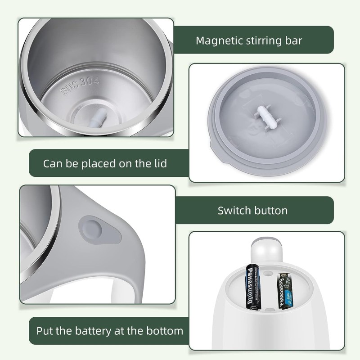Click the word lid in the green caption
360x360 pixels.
click(158, 163)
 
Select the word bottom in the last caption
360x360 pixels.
click(164, 332)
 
